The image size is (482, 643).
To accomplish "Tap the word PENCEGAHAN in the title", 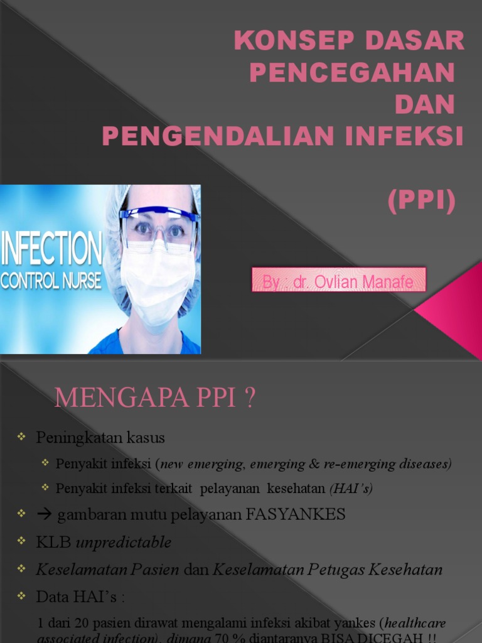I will (x=351, y=73).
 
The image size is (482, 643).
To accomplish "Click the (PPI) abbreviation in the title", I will (x=421, y=202).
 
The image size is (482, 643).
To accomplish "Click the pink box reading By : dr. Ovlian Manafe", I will (x=339, y=280).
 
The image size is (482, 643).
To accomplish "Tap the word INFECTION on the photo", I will (x=51, y=249).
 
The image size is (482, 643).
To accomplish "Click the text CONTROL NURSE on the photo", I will (x=51, y=280).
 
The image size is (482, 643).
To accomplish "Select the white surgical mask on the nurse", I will (x=157, y=283).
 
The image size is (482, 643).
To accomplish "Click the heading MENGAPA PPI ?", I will (x=155, y=398).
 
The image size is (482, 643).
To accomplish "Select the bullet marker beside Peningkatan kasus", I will (x=22, y=436).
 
